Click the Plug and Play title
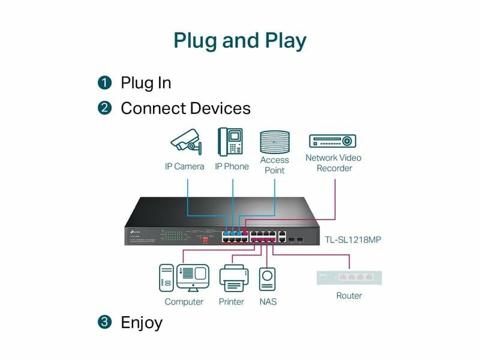coord(240,40)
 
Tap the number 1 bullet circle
coord(105,82)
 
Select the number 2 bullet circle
coord(105,109)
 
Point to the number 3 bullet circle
coord(105,322)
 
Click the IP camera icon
coord(185,142)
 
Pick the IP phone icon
coord(230,142)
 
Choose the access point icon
coord(274,142)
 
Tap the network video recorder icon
coord(332,141)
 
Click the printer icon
coord(232,279)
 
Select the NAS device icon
coord(268,280)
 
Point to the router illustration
coord(349,277)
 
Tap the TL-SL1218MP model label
coord(354,239)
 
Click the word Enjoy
coord(142,322)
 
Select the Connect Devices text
coord(185,109)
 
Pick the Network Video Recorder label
coord(334,163)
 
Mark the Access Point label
coord(274,165)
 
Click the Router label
coord(349,296)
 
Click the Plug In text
coord(146,82)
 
